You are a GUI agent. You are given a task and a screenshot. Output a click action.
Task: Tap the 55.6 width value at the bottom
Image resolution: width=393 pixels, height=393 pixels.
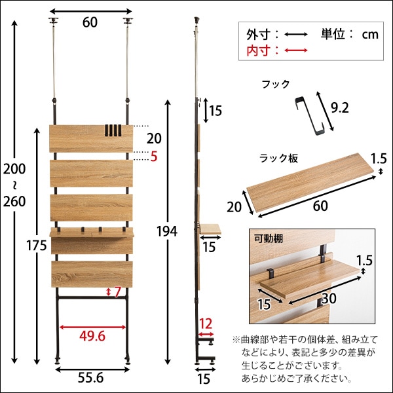pyautogui.click(x=90, y=379)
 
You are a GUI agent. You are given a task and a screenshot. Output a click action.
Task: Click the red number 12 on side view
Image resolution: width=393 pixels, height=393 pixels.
pyautogui.click(x=206, y=324)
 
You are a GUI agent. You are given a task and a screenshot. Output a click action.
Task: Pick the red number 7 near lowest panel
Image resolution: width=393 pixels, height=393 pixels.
pyautogui.click(x=118, y=291)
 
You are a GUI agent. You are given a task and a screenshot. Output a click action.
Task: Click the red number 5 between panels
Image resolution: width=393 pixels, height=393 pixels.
pyautogui.click(x=153, y=157)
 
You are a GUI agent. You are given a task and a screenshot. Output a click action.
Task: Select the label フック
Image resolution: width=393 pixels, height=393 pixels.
pyautogui.click(x=274, y=84)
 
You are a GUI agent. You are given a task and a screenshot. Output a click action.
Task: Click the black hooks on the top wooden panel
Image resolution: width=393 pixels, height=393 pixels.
pyautogui.click(x=113, y=130)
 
